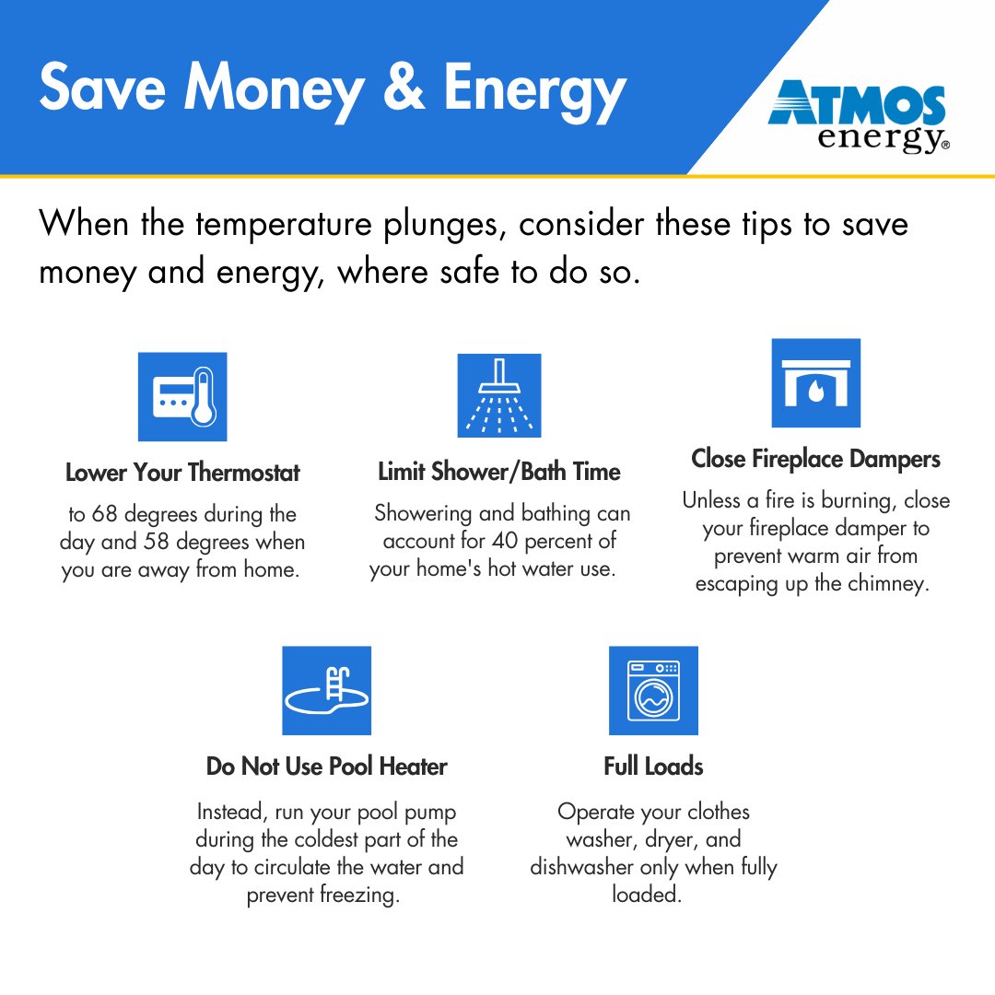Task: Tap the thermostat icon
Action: (182, 396)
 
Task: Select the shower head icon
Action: (499, 395)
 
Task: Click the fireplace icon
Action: (815, 383)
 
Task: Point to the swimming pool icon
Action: (326, 691)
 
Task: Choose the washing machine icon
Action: (653, 691)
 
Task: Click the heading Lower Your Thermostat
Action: (182, 474)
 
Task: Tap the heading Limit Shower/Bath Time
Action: (499, 473)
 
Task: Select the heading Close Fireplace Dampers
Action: (815, 459)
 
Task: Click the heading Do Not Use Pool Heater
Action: (326, 767)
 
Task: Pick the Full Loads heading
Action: (653, 767)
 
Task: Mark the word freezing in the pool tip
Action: (360, 895)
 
